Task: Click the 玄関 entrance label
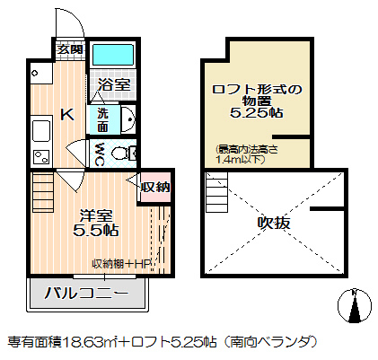coord(71,49)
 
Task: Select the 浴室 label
coord(112,87)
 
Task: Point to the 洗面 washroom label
coord(102,119)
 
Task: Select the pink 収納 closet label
coord(155,188)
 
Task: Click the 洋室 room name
coord(96,215)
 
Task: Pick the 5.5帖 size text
coord(96,230)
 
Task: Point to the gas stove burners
coord(39,157)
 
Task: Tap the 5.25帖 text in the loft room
coord(258,115)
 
